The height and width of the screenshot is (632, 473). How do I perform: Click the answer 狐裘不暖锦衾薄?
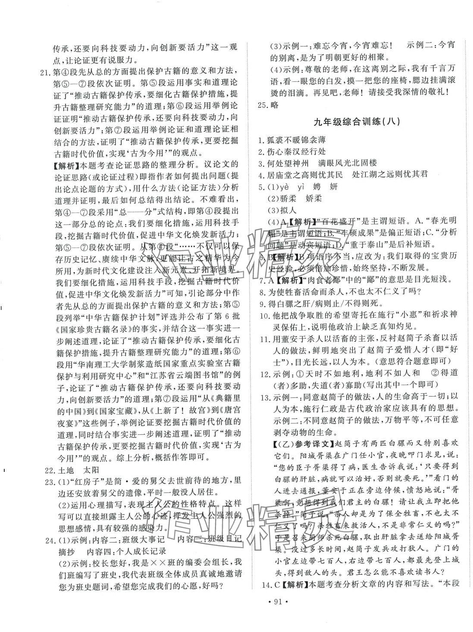295,139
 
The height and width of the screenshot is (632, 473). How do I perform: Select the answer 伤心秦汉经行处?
295,151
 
